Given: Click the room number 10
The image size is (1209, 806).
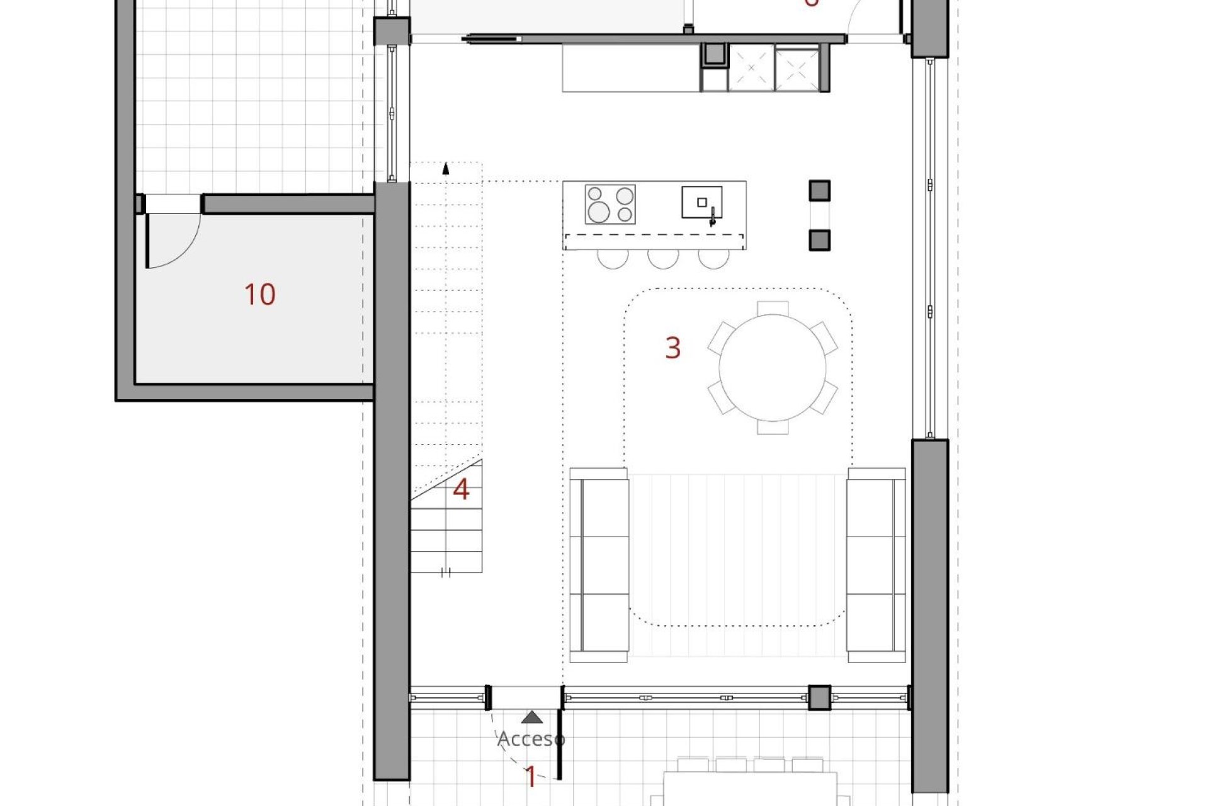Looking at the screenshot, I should pyautogui.click(x=259, y=295).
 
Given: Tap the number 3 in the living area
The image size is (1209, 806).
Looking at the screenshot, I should pyautogui.click(x=673, y=348).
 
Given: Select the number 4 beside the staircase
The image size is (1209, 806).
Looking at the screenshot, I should pyautogui.click(x=461, y=490).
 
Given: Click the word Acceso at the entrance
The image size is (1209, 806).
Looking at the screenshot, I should pyautogui.click(x=531, y=739).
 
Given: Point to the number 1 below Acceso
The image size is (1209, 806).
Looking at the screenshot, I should pyautogui.click(x=531, y=778).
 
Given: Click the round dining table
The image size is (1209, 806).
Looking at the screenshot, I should pyautogui.click(x=773, y=368).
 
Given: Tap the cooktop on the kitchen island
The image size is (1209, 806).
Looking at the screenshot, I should pyautogui.click(x=610, y=204).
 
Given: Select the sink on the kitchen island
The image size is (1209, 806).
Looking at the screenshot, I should pyautogui.click(x=701, y=203).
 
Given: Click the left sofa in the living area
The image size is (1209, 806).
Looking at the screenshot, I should pyautogui.click(x=599, y=565).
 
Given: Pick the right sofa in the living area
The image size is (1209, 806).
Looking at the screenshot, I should pyautogui.click(x=876, y=565).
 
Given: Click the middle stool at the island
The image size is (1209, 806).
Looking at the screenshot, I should pyautogui.click(x=663, y=259).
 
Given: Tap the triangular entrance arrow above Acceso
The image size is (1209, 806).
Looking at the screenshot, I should pyautogui.click(x=533, y=717).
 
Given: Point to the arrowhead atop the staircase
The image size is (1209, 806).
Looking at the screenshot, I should pyautogui.click(x=446, y=168).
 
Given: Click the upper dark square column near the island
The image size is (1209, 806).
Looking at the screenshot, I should pyautogui.click(x=819, y=190).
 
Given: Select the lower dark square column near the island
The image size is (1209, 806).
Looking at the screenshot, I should pyautogui.click(x=819, y=240).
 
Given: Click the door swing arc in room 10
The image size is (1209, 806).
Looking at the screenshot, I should pyautogui.click(x=186, y=249).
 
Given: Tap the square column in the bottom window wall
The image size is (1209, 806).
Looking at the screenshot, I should pyautogui.click(x=819, y=698).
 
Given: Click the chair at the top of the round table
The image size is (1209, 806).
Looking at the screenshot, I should pyautogui.click(x=773, y=308).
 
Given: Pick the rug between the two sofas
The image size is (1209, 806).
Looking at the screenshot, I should pyautogui.click(x=737, y=565).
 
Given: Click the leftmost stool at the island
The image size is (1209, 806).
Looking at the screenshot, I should pyautogui.click(x=613, y=259).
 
